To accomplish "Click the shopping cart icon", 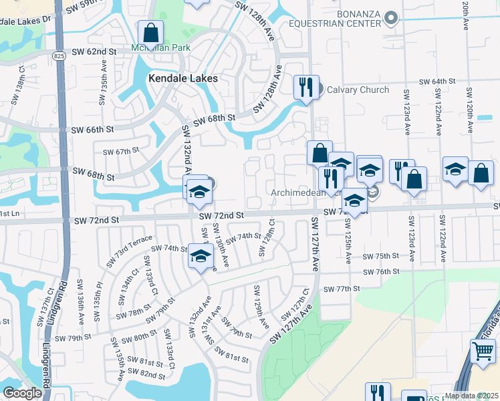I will pyautogui.click(x=483, y=350).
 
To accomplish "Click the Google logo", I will pyautogui.click(x=22, y=393).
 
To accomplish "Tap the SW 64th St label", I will pyautogui.click(x=437, y=82).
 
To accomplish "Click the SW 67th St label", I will pyautogui.click(x=121, y=152).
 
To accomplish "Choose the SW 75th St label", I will pyautogui.click(x=380, y=257).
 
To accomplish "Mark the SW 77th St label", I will pyautogui.click(x=342, y=289).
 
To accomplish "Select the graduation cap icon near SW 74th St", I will pyautogui.click(x=201, y=257).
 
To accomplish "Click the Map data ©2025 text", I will pyautogui.click(x=471, y=396).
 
